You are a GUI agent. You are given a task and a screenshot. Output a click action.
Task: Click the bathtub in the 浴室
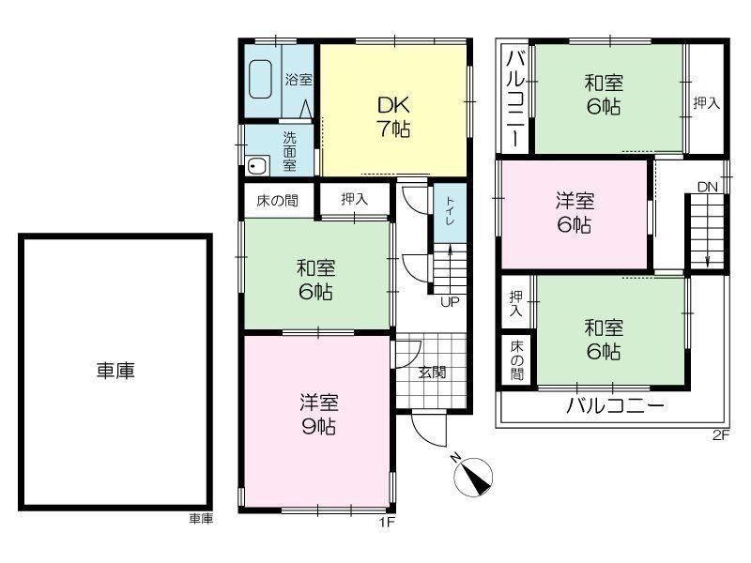261,79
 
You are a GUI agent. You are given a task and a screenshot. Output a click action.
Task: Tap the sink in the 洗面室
257,166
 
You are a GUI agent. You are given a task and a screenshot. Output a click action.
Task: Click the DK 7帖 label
393,116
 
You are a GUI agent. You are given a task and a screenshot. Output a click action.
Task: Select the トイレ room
450,213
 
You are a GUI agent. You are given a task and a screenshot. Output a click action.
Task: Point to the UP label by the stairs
450,301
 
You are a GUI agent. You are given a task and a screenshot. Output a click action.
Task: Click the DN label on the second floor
708,187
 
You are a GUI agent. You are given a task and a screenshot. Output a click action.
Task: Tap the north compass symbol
472,476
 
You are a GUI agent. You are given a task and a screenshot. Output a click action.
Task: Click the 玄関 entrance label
432,372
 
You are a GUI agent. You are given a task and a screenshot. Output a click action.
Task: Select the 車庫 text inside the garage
115,371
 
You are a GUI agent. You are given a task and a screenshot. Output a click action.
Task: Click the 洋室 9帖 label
319,415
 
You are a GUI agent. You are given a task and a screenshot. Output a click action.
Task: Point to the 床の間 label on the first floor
277,201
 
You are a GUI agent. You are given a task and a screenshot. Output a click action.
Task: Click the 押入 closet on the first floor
355,199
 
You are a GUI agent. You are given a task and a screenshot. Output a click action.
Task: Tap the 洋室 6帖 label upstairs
575,213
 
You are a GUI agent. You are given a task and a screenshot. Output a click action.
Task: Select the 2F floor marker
721,435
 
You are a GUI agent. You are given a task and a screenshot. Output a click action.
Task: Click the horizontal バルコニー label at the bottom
616,406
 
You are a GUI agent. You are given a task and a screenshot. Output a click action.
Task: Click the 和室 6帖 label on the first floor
316,280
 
